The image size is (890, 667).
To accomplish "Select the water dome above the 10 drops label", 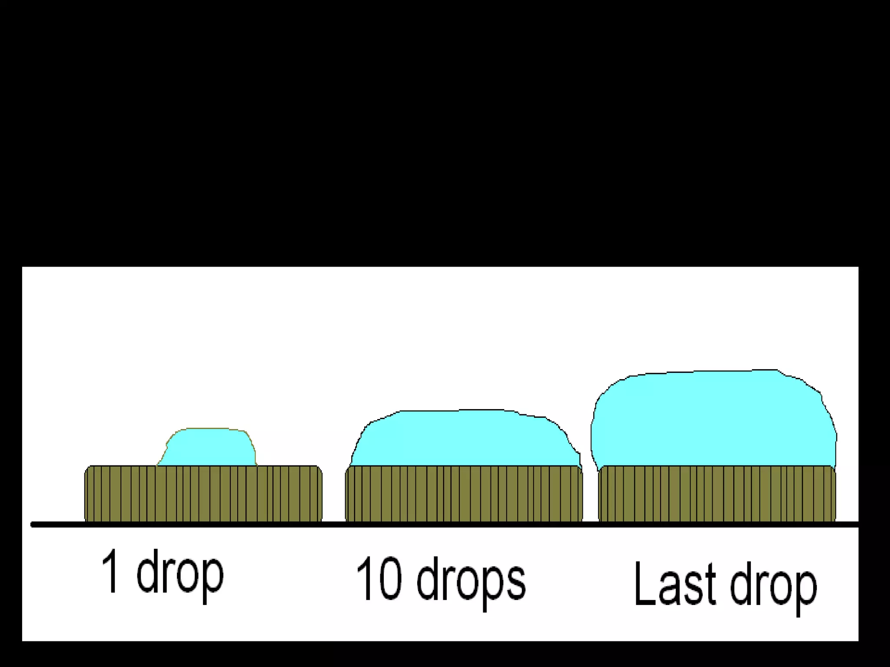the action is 465,439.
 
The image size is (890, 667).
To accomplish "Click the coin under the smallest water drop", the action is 203,493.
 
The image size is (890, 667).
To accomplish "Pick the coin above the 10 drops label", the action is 464,493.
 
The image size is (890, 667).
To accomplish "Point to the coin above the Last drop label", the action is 717,493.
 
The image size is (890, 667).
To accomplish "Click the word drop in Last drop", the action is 774,586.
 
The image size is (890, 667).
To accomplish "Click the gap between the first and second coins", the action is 334,495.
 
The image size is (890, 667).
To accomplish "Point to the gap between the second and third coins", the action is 591,495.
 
